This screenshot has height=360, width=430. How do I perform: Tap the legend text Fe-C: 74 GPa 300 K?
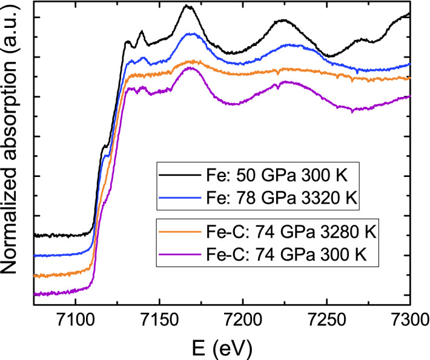(280, 254)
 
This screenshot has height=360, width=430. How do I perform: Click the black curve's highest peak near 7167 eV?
(187, 6)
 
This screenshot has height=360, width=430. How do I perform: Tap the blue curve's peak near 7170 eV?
(192, 34)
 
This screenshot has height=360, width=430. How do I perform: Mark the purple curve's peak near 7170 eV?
(191, 67)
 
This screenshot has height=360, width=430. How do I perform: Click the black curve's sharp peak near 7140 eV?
(142, 32)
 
